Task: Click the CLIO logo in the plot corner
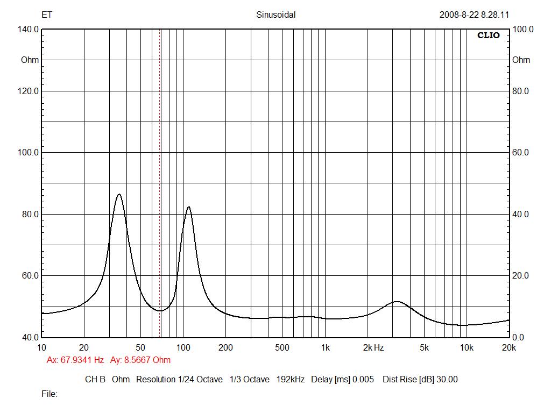click(489, 35)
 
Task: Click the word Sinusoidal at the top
click(275, 15)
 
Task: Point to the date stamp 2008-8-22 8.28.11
click(474, 15)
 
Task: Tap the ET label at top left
click(47, 15)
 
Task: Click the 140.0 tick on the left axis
click(29, 30)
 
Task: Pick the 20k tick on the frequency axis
click(508, 347)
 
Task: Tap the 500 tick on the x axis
click(282, 347)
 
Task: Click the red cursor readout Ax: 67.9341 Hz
click(75, 360)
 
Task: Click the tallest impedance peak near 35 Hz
click(119, 194)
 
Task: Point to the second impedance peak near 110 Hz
click(188, 206)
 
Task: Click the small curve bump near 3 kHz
click(397, 302)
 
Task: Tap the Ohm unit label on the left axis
click(30, 60)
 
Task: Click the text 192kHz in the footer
click(291, 379)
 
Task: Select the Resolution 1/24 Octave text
click(179, 379)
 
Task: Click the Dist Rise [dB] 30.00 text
click(420, 379)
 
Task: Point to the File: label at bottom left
click(50, 394)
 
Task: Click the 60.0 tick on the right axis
click(521, 153)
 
